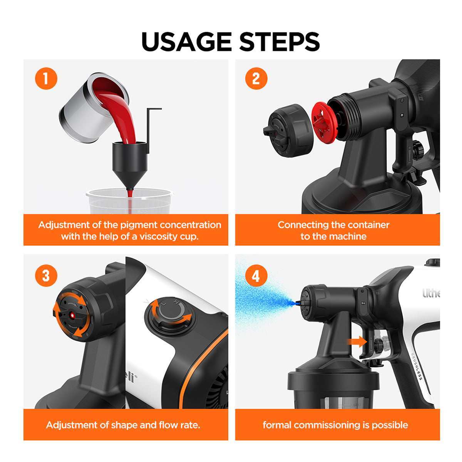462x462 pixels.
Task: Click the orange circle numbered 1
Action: point(46,79)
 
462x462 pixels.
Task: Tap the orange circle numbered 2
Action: point(256,79)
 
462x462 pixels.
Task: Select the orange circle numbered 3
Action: point(46,276)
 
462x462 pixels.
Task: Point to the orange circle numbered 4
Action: point(256,276)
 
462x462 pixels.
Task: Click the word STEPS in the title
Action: point(280,42)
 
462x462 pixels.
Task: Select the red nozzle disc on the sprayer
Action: point(325,121)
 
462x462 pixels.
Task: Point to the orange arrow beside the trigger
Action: point(357,341)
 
